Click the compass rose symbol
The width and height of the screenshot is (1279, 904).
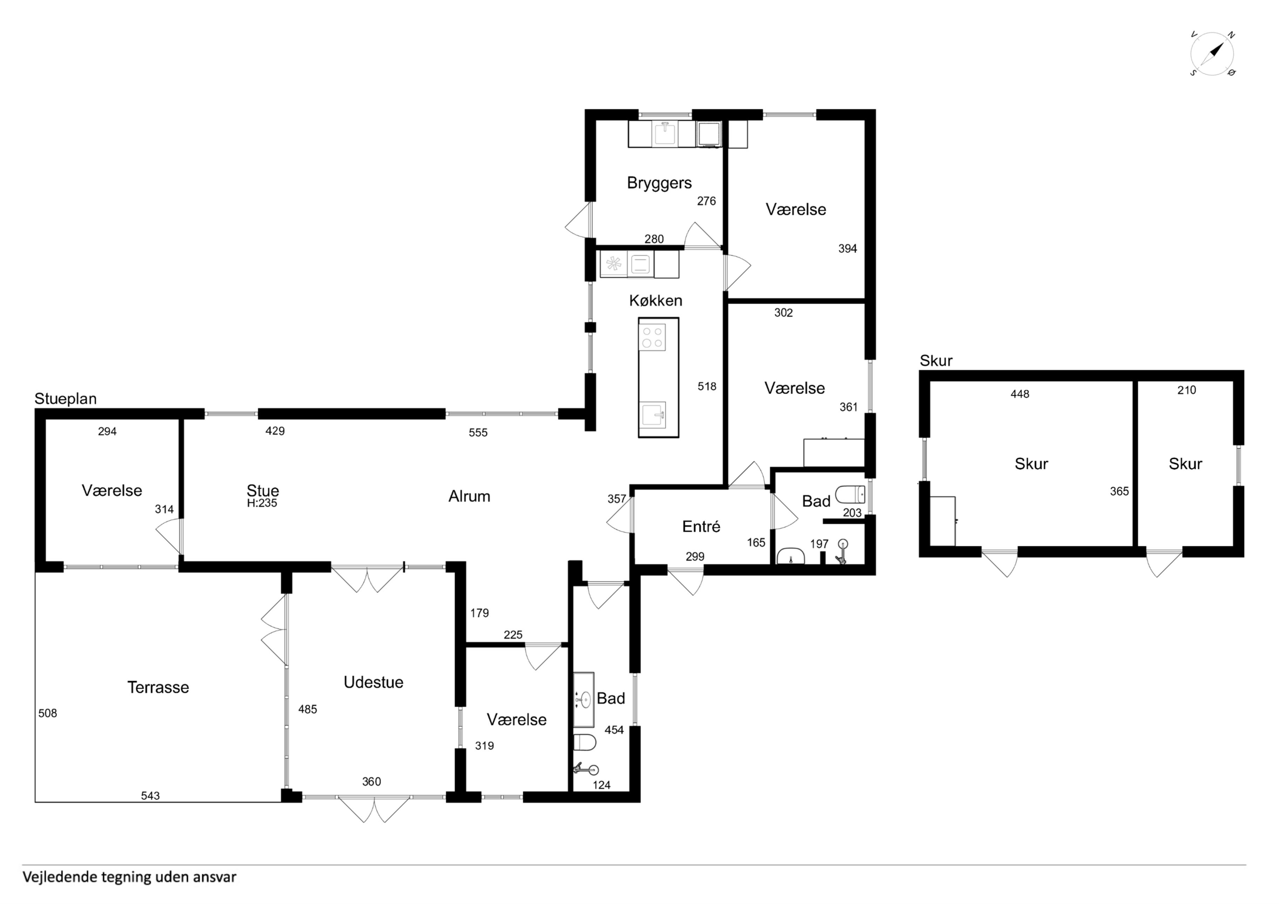pos(1212,54)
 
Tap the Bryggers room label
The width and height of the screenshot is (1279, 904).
pos(659,183)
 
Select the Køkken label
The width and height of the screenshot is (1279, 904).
pos(656,301)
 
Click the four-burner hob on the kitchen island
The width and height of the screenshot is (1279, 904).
pos(652,337)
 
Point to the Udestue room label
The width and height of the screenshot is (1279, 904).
pos(373,682)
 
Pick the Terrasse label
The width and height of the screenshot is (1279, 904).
pos(158,687)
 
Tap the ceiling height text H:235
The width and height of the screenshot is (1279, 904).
pos(262,503)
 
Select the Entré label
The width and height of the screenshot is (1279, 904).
pos(701,526)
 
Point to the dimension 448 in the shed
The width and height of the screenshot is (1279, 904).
pos(1020,394)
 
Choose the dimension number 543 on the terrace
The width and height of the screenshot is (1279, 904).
pos(150,796)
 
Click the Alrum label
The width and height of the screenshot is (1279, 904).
pos(469,496)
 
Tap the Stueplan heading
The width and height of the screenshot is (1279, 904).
pos(66,399)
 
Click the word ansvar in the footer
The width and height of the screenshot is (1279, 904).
pos(215,877)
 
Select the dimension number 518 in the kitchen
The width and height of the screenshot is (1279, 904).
pos(707,387)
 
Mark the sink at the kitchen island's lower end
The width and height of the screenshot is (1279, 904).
pos(652,415)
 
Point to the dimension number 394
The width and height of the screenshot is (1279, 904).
pos(848,249)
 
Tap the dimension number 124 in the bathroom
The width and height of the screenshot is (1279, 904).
pos(602,786)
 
